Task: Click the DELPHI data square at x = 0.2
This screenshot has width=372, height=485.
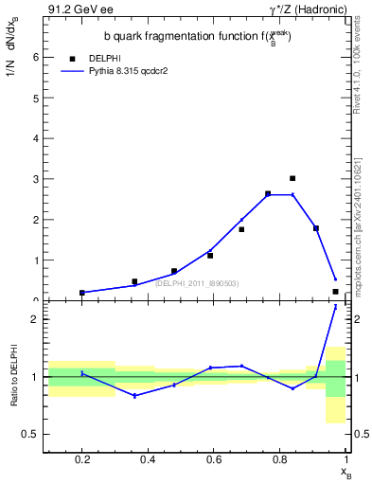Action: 82,293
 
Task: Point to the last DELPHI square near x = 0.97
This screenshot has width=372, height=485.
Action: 335,292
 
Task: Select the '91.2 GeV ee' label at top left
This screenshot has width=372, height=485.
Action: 77,9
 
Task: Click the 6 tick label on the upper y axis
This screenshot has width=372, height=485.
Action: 36,57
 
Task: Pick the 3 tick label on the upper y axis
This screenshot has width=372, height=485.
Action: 36,179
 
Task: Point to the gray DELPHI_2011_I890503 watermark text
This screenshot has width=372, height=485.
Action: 197,282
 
